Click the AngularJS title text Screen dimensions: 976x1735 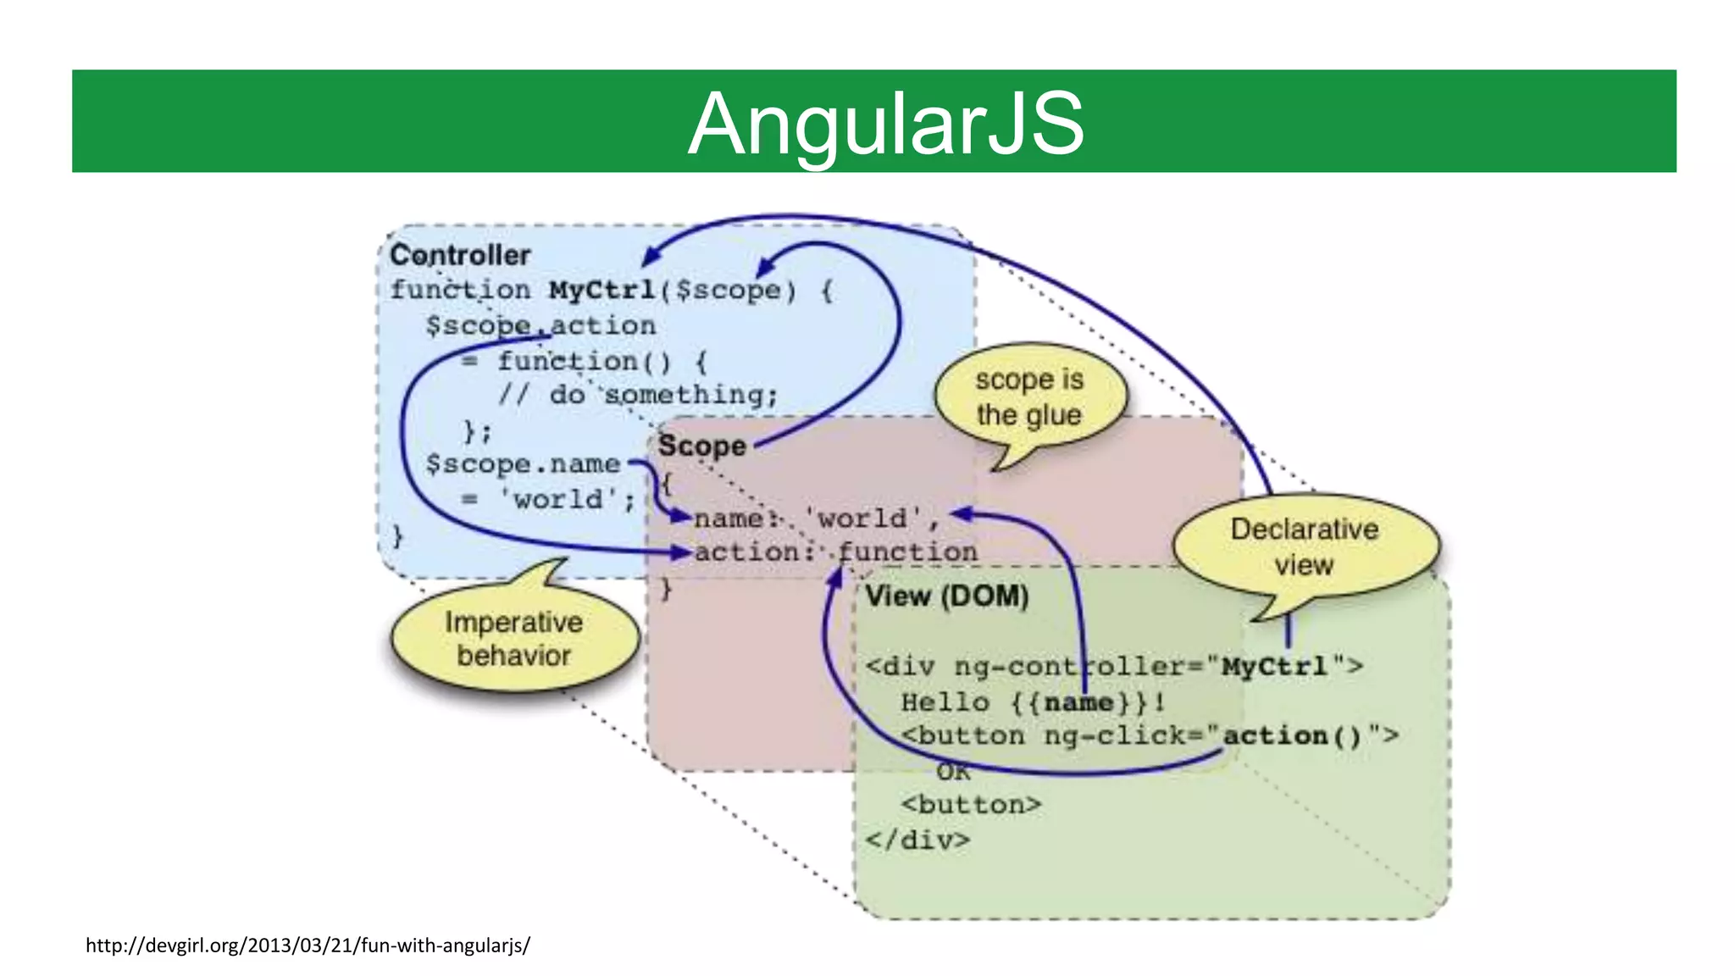pyautogui.click(x=885, y=125)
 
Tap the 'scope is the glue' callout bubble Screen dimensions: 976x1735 pyautogui.click(x=1029, y=397)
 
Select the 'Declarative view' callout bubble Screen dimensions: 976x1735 pyautogui.click(x=1304, y=546)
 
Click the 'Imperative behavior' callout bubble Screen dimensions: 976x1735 pyautogui.click(x=514, y=639)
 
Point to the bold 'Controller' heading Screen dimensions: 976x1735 pyautogui.click(x=460, y=255)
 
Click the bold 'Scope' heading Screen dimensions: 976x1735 pyautogui.click(x=701, y=446)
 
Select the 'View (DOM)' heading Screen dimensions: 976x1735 pyautogui.click(x=946, y=596)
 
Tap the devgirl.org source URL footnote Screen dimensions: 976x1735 pyautogui.click(x=308, y=945)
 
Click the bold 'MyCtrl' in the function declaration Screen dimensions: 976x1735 pyautogui.click(x=602, y=290)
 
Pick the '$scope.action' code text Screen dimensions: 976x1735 pyautogui.click(x=540, y=325)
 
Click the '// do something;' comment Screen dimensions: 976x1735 pyautogui.click(x=638, y=395)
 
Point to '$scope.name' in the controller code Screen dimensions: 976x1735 pyautogui.click(x=523, y=464)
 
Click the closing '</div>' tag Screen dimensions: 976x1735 pyautogui.click(x=917, y=840)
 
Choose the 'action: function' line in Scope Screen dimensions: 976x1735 pyautogui.click(x=835, y=552)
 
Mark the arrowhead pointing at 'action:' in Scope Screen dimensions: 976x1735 pyautogui.click(x=681, y=552)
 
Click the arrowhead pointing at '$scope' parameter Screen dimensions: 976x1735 pyautogui.click(x=763, y=266)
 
